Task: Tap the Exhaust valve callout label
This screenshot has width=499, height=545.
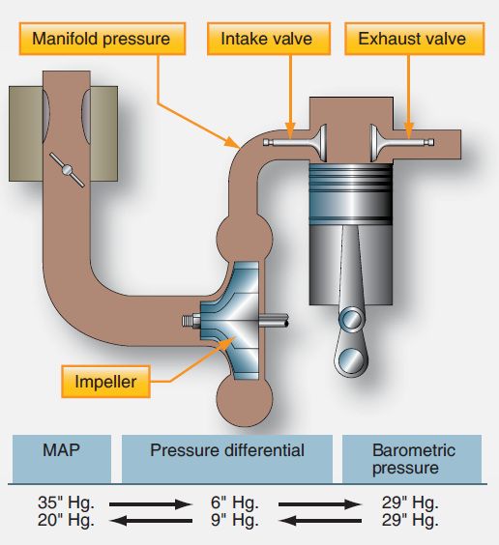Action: [x=412, y=40]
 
